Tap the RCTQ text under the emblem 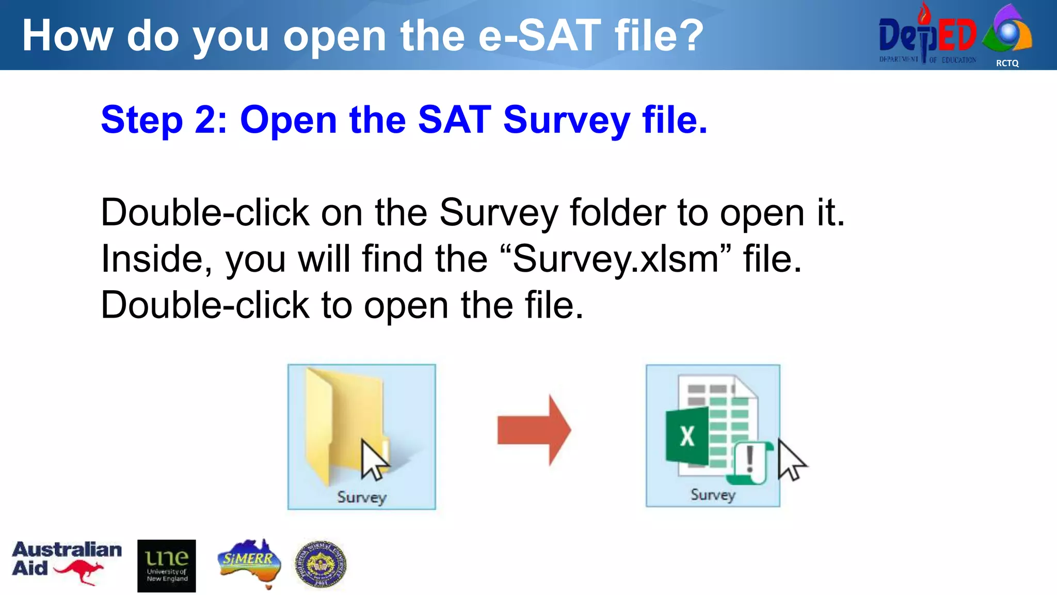coord(1007,63)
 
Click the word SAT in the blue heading coord(454,120)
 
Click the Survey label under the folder coord(361,497)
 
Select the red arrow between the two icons coord(534,430)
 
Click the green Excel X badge coord(687,436)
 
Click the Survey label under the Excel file coord(713,494)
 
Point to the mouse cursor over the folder coord(373,459)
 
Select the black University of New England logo coord(166,566)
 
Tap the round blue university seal coord(321,565)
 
